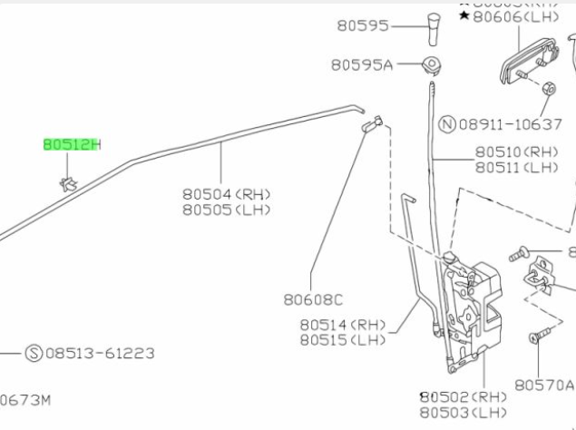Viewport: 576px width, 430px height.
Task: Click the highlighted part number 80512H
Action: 73,144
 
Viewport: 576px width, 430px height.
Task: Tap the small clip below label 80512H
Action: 68,183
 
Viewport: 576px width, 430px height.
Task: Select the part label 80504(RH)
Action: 226,193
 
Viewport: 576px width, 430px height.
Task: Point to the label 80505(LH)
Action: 226,210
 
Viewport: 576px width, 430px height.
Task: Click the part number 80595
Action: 364,26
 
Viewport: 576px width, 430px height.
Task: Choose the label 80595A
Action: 361,65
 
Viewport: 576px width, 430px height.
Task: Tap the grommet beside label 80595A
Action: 432,64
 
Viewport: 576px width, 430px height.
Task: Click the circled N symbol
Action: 446,123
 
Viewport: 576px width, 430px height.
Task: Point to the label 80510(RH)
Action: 517,152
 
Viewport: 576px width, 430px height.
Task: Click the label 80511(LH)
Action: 517,168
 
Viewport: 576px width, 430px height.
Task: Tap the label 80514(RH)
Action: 343,324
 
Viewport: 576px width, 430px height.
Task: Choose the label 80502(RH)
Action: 463,396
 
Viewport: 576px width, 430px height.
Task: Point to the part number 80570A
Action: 544,385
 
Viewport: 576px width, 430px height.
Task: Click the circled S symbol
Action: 33,353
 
